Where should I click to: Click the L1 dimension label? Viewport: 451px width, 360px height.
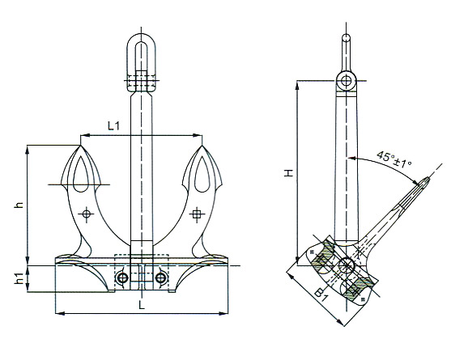point(113,126)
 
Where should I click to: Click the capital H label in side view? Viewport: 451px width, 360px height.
point(287,173)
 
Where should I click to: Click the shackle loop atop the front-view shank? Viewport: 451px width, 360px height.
point(142,55)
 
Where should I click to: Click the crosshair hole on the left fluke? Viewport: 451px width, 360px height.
point(87,214)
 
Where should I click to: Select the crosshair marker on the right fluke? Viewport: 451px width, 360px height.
point(197,214)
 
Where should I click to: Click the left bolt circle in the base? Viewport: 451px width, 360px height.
point(122,278)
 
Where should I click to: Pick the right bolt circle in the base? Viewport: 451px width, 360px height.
point(161,278)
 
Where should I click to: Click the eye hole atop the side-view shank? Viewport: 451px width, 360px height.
point(347,80)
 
